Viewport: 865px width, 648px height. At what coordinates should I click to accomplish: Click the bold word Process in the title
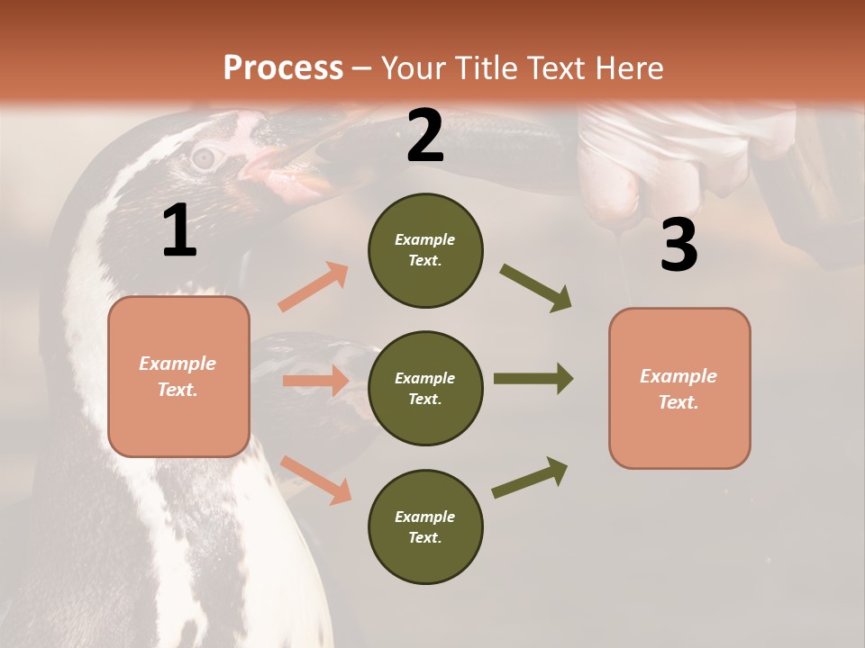[283, 67]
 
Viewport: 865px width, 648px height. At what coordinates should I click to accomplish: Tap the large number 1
[179, 231]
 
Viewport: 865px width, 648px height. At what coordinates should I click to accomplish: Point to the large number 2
[425, 136]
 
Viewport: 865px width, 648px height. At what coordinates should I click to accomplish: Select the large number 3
[678, 245]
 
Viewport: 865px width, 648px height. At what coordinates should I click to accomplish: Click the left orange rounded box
[178, 376]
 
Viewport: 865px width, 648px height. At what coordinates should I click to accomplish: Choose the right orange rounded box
[679, 388]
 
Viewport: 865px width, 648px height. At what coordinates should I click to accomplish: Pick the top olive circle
[425, 250]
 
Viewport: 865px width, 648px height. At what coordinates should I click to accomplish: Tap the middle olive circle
[425, 388]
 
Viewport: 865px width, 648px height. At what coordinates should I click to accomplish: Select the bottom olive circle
[425, 526]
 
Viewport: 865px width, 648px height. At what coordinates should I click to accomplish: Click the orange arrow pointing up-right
[314, 286]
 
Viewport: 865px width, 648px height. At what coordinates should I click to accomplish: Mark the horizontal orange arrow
[315, 381]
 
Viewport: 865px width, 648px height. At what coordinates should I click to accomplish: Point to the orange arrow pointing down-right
[316, 480]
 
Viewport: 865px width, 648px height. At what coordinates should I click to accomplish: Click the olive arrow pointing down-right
[536, 288]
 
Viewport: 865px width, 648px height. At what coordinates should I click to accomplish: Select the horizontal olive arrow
[533, 378]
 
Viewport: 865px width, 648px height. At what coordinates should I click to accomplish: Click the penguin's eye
[205, 158]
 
